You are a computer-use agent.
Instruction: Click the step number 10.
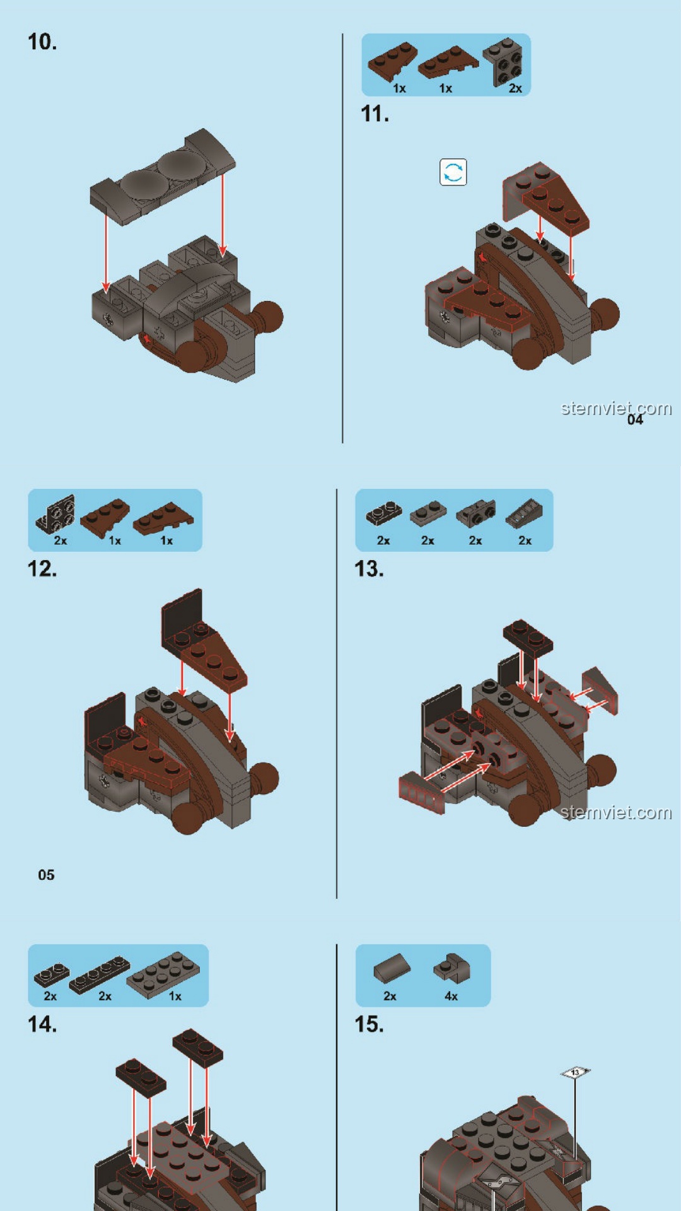[42, 42]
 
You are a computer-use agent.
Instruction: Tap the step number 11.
[375, 114]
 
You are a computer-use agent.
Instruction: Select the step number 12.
[42, 568]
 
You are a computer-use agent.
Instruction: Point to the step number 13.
[369, 568]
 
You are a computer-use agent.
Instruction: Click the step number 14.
[42, 1024]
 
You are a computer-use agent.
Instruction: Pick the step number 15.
[369, 1024]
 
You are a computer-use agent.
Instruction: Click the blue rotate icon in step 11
[453, 172]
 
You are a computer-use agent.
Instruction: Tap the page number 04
[635, 419]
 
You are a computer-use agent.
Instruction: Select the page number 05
[46, 875]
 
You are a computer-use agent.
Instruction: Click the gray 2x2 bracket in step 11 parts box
[503, 61]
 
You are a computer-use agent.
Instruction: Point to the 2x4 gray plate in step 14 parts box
[163, 971]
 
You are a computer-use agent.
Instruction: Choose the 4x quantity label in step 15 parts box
[451, 996]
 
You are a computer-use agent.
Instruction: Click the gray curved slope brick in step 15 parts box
[392, 968]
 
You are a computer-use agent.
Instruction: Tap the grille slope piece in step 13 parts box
[523, 514]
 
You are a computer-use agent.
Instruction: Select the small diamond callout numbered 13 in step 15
[575, 1072]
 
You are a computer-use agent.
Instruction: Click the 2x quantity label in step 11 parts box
[515, 88]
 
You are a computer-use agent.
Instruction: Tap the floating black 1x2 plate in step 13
[528, 636]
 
